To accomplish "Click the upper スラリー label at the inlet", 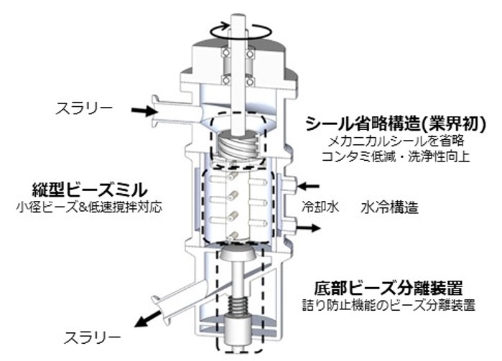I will click(x=85, y=109).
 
